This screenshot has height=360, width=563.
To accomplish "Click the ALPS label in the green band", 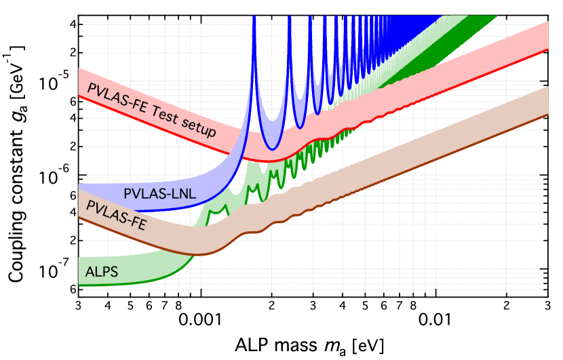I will (x=102, y=272).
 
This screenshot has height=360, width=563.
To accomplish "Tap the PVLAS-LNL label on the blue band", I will (x=160, y=193).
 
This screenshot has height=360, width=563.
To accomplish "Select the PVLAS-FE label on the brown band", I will (x=116, y=215).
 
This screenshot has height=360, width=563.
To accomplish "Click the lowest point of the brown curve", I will (x=198, y=254).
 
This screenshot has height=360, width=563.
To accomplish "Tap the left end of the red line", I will (x=79, y=96).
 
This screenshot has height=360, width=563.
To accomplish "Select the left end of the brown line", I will (x=79, y=218).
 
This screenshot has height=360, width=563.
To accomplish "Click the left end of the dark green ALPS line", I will (x=80, y=286).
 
